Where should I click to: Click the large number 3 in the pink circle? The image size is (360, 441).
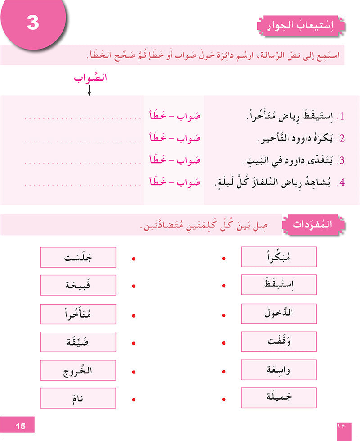33,23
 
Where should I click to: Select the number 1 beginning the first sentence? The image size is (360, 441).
342,117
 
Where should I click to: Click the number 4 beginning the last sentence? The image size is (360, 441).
342,183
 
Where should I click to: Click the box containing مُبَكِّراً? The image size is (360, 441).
279,257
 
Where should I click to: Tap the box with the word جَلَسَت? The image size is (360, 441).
78,257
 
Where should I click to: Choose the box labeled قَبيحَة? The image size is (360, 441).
78,285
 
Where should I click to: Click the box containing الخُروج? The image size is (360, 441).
78,370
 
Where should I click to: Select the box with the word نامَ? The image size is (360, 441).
78,398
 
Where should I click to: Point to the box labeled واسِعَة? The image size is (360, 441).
279,370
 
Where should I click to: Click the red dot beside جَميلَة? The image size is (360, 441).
225,399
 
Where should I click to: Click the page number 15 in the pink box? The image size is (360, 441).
21,425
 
